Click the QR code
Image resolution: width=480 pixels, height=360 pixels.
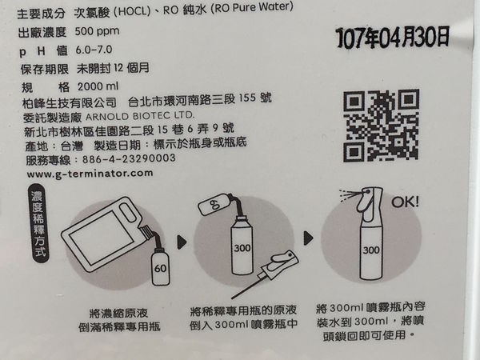coord(381,126)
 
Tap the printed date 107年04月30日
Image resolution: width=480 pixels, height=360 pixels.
coord(393,37)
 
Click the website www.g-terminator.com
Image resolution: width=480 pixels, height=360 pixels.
coord(90,174)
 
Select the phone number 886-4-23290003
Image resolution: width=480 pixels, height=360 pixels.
coord(129,158)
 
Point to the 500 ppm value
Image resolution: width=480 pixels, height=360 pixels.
coord(97,31)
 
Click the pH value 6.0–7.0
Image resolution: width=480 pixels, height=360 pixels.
coord(94,50)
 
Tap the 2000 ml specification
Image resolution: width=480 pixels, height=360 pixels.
coord(98,86)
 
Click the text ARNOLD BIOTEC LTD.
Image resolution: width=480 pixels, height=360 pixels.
coord(140,116)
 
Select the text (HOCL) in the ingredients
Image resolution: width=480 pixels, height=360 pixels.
coord(132,12)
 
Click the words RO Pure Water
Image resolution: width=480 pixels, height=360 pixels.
coord(252,7)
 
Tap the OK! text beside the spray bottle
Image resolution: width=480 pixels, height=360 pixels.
coord(405,202)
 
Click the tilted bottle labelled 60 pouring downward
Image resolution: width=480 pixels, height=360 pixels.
coord(214,204)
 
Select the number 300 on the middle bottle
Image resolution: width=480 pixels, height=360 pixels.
coord(242,248)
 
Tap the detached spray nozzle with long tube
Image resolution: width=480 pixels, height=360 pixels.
coord(265,274)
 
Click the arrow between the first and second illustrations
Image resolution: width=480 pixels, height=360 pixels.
coord(182,242)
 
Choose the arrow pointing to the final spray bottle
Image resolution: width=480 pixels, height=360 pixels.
coord(308,238)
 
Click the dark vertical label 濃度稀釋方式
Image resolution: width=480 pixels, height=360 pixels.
coord(38,223)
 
